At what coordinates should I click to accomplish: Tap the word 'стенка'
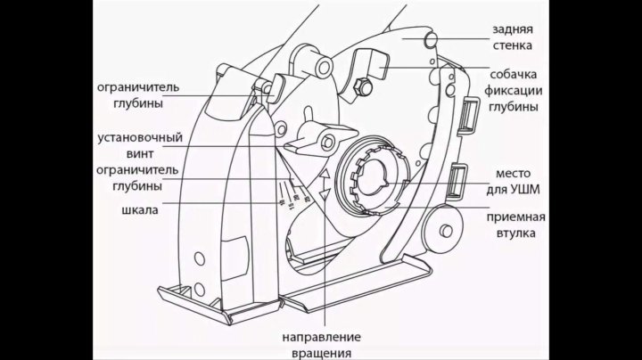[512, 44]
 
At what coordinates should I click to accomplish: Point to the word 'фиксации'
[515, 90]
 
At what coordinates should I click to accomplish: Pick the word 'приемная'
[516, 217]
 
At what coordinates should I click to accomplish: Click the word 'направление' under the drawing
[321, 337]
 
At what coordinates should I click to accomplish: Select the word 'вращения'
[321, 352]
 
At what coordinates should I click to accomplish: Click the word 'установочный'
[140, 138]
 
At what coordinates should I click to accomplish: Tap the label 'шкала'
[139, 210]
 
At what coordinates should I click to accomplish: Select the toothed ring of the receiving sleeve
[374, 179]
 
